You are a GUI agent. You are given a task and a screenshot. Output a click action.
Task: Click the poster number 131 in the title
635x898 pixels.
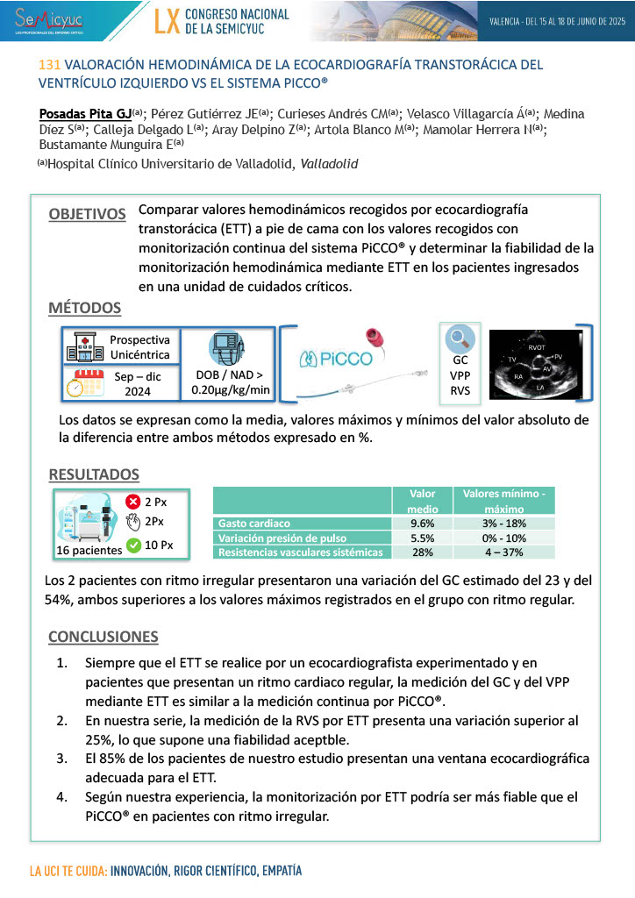[x=51, y=65]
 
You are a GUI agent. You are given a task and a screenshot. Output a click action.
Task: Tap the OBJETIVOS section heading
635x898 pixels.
[x=87, y=214]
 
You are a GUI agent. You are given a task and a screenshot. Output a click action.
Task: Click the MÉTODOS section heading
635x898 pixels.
[x=84, y=308]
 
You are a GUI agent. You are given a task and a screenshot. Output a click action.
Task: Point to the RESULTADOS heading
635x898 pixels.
[x=93, y=474]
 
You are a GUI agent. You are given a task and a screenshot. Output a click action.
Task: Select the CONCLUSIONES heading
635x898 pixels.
[x=103, y=637]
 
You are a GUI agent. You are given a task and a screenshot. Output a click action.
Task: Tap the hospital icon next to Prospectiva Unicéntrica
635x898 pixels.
[x=81, y=347]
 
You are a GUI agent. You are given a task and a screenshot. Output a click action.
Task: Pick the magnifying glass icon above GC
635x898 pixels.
[x=460, y=338]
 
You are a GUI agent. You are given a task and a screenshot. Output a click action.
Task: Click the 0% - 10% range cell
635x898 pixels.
[x=503, y=538]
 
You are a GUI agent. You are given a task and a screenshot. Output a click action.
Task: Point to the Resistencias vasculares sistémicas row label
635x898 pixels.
[x=300, y=552]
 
